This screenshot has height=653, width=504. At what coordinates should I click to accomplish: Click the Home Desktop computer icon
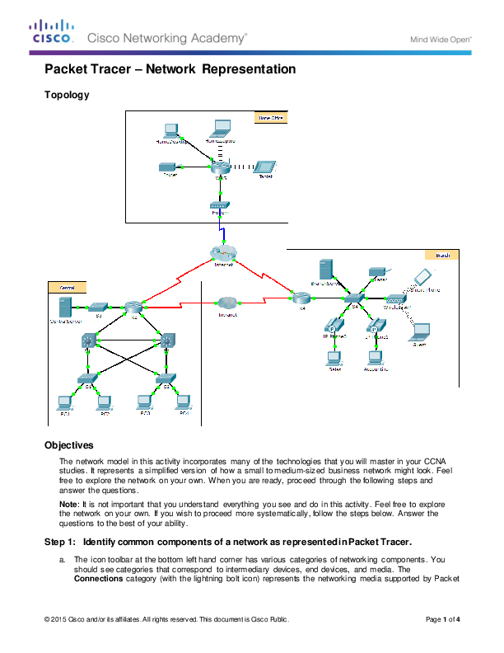tap(170, 130)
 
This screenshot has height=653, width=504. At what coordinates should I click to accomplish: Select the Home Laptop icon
tap(221, 129)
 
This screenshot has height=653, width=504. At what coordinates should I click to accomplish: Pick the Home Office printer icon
tap(169, 166)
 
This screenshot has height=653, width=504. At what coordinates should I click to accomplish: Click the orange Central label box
tap(62, 286)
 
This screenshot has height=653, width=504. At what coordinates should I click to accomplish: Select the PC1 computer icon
tap(63, 402)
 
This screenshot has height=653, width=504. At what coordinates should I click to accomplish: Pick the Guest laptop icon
tap(420, 332)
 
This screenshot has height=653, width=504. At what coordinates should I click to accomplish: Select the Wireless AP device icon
tap(396, 299)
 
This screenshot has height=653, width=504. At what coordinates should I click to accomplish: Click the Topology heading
tap(67, 95)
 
